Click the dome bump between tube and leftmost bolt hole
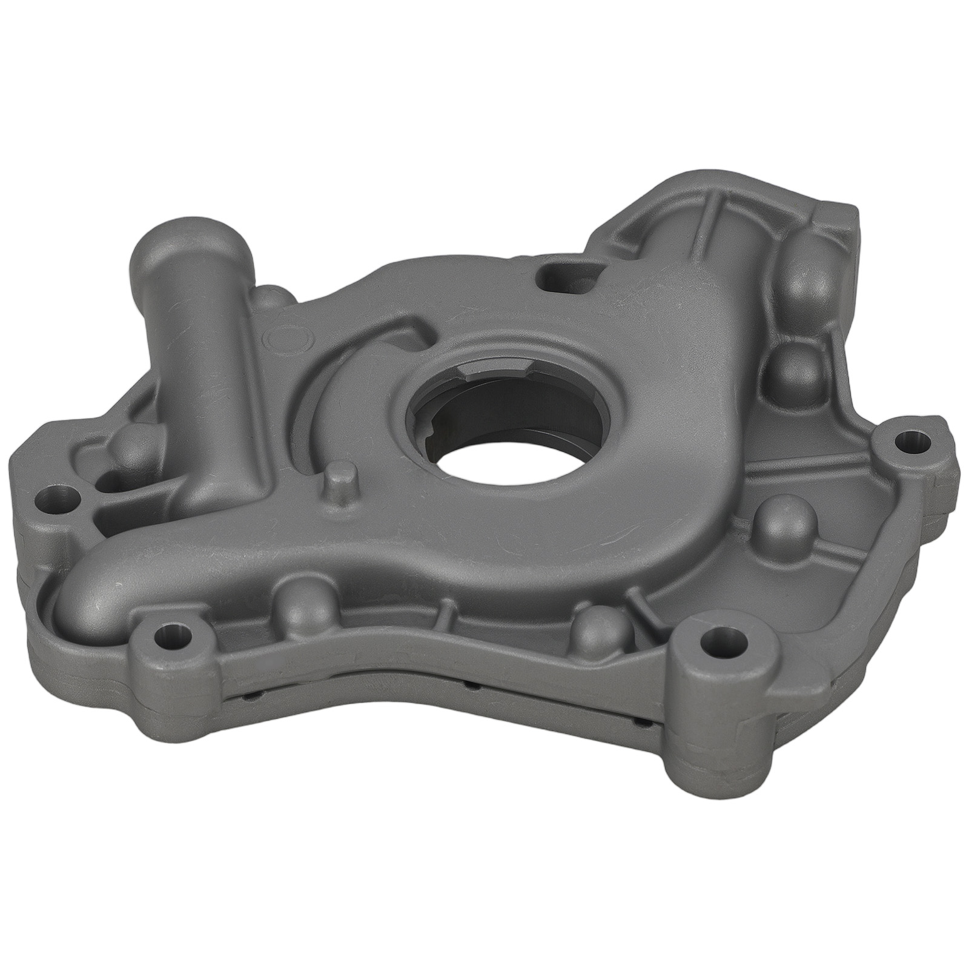point(131,448)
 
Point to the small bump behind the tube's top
point(270,297)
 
